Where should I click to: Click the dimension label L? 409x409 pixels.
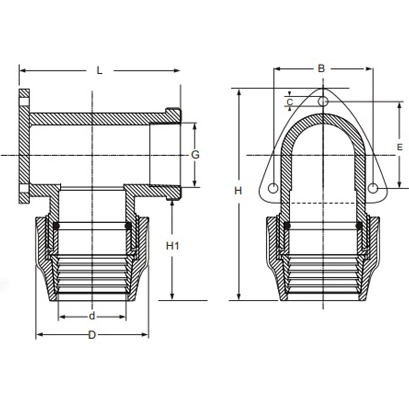99,70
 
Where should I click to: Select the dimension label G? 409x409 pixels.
196,155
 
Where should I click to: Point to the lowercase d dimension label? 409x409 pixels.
92,316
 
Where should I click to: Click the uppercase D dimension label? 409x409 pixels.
92,335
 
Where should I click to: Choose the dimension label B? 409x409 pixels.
321,68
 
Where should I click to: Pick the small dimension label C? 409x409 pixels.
290,101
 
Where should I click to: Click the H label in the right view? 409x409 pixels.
238,190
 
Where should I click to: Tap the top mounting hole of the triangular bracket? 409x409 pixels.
323,101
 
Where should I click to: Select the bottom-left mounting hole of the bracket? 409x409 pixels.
273,188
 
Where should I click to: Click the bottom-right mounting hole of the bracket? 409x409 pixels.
372,188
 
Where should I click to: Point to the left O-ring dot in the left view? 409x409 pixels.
56,226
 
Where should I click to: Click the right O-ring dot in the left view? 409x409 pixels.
128,226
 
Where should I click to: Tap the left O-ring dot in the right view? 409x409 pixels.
287,225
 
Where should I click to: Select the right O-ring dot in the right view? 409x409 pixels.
359,225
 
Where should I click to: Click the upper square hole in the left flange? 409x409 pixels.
24,101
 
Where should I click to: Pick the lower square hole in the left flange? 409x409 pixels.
24,189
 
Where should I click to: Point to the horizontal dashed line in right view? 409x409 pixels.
323,204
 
